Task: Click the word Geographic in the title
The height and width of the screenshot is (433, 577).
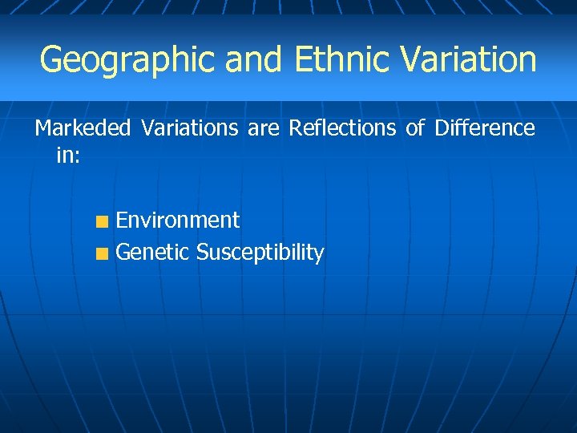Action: tap(128, 60)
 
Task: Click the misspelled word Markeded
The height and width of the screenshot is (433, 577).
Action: tap(83, 128)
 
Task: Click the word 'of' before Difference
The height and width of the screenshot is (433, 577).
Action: tap(415, 128)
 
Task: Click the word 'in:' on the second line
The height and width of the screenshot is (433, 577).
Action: tap(68, 155)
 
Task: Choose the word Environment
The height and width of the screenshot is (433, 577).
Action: tap(178, 221)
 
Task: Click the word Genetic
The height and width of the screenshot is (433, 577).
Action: tap(152, 253)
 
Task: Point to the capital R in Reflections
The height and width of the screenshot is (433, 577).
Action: tap(294, 128)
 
